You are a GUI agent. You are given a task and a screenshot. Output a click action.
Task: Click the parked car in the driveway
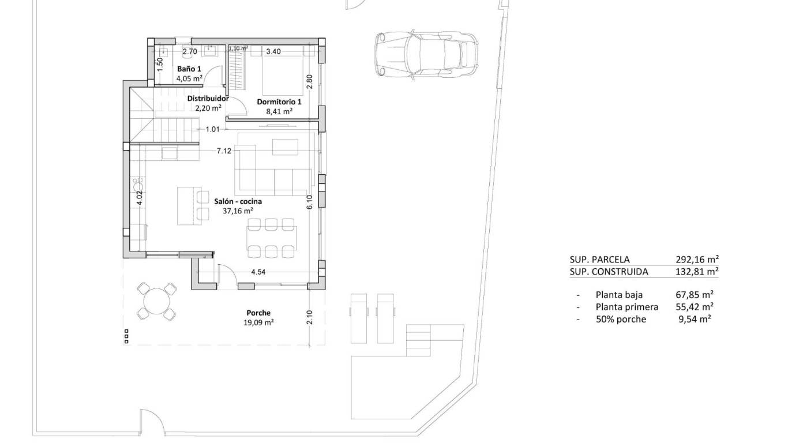point(426,54)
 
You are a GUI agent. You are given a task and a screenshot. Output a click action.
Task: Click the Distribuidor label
point(208,98)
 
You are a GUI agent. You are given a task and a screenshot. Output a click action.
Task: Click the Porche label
point(258,313)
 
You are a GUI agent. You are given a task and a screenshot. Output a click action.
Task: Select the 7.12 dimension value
point(224,151)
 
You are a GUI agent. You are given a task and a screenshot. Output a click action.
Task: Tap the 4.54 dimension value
point(259,272)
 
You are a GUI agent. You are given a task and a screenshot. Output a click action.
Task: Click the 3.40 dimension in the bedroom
point(273,51)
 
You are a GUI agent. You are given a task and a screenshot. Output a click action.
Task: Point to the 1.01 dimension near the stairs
point(213,129)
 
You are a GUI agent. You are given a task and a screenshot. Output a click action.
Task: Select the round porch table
point(156,301)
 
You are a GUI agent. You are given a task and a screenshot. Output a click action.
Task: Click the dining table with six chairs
point(272,236)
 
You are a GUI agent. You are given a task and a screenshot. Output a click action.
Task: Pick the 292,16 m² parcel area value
point(697,260)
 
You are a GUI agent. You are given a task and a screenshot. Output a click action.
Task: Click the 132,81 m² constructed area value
point(697,272)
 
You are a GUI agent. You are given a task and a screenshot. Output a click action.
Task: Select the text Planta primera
point(626,307)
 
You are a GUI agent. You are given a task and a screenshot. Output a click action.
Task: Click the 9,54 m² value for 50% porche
point(695,319)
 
